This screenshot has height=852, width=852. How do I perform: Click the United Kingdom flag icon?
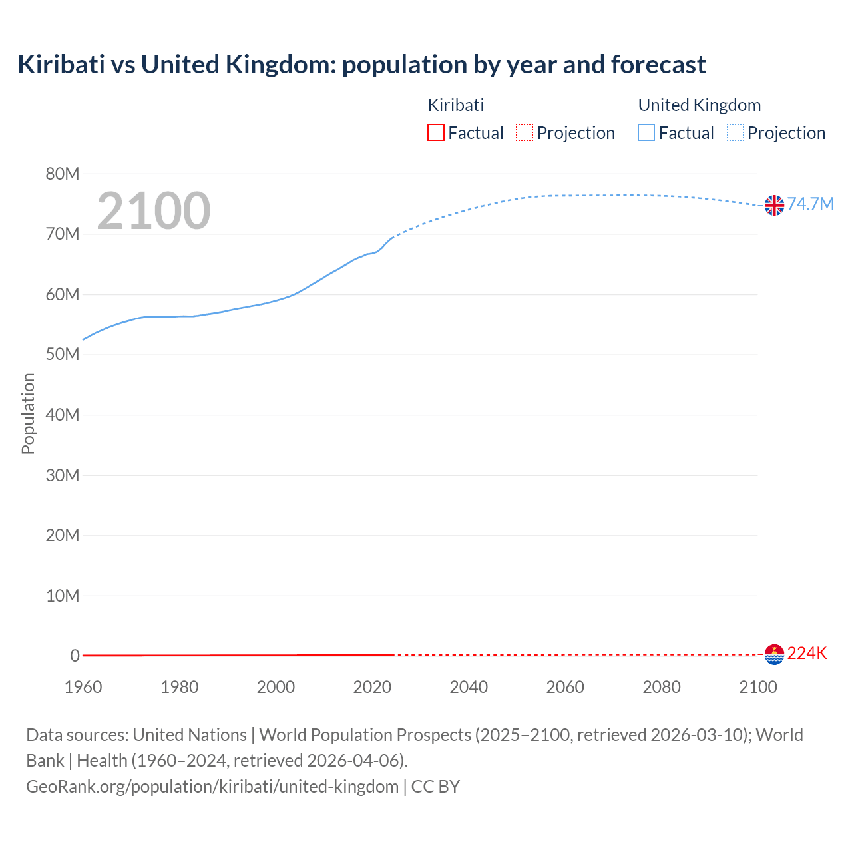774,205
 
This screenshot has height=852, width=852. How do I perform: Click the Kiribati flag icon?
774,654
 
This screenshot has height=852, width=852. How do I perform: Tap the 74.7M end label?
810,204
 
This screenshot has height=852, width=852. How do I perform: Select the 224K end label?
807,654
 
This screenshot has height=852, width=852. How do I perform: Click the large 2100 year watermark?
154,211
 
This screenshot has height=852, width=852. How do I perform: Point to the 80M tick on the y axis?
63,174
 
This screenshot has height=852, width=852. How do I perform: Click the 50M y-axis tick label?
63,355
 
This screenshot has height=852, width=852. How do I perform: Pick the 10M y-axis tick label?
63,596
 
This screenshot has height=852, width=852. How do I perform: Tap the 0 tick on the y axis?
75,656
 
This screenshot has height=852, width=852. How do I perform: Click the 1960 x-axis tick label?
83,687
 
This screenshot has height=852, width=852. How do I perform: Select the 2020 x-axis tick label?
372,687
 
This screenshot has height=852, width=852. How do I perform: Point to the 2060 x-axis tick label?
565,687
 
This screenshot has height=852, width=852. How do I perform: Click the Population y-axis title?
28,413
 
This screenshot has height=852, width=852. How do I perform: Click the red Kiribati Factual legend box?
435,133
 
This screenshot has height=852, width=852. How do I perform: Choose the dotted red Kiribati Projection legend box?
525,133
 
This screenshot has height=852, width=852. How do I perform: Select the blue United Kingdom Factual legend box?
646,133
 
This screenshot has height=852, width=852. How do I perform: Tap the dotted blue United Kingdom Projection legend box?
735,133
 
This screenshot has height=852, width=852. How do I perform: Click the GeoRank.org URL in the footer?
212,787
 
